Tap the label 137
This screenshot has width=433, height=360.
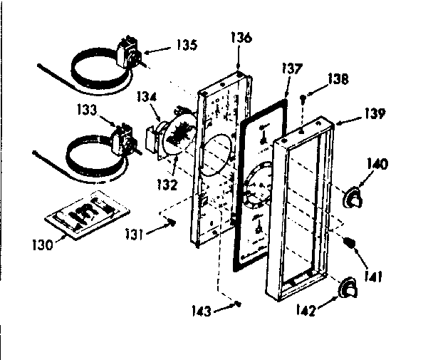point(291,69)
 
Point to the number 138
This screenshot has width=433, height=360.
point(338,81)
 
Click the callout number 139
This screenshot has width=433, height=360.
point(376,113)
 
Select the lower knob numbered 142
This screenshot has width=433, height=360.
point(348,287)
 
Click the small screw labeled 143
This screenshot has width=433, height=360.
point(238,306)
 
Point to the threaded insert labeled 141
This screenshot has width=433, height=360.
point(350,244)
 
